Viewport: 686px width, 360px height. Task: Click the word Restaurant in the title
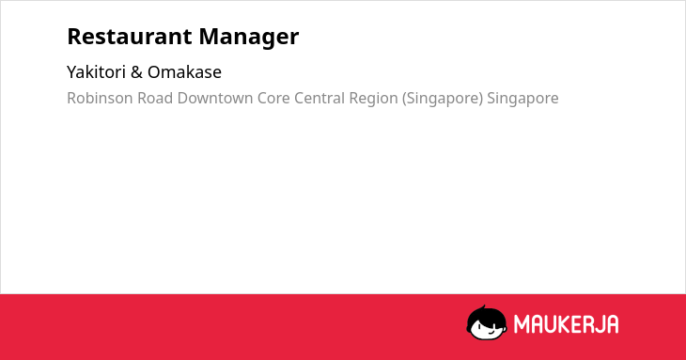point(130,37)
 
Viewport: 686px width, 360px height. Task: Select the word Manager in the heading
point(249,38)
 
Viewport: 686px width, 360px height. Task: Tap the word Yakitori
point(96,71)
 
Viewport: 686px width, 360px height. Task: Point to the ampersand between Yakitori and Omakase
point(136,72)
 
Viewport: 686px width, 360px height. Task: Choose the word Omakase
point(184,72)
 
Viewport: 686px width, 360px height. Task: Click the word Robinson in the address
point(100,98)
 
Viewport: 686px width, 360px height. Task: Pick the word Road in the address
point(155,98)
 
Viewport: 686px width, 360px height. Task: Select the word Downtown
point(215,98)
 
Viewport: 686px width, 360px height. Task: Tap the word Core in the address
point(273,98)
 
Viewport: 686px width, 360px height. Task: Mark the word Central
point(320,98)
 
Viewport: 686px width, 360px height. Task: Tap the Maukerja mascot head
point(487,323)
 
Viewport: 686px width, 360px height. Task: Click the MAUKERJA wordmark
point(566,324)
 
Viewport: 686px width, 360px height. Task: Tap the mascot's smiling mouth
point(490,332)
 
